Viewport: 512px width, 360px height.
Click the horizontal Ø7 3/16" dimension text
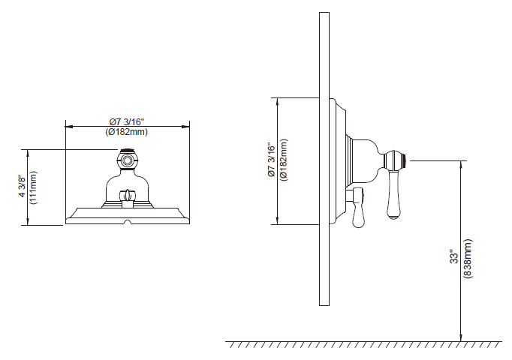click(x=126, y=122)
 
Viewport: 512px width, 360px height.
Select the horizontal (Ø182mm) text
click(x=126, y=132)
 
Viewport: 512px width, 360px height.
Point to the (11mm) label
click(x=33, y=187)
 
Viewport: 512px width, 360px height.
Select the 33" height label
click(x=453, y=256)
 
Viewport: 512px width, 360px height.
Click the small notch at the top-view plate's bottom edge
click(x=128, y=222)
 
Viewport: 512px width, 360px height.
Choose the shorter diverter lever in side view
click(x=358, y=210)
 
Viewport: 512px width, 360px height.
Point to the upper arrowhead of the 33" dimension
click(x=459, y=163)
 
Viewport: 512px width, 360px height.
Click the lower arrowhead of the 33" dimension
click(x=459, y=338)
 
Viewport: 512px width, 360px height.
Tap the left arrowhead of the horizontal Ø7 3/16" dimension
click(x=68, y=127)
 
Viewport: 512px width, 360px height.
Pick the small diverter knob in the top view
click(x=128, y=197)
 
